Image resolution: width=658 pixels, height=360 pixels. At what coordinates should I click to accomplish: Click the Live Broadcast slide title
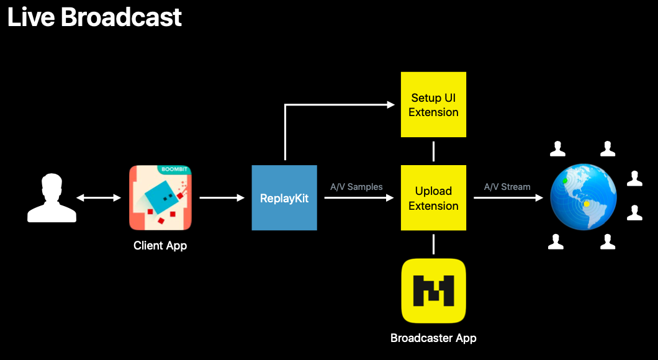tap(94, 17)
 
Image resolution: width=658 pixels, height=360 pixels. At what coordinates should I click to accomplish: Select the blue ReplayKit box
tap(284, 198)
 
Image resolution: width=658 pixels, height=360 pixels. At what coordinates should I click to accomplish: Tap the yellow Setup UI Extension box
tap(433, 104)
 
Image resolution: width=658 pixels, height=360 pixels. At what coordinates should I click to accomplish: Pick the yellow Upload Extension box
tap(433, 198)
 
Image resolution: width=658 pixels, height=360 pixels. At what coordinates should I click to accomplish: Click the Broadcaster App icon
tap(433, 290)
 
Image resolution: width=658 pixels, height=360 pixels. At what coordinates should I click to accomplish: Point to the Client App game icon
tap(160, 197)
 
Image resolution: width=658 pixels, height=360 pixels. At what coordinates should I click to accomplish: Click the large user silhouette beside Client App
tap(52, 198)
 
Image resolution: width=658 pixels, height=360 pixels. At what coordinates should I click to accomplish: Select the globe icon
tap(583, 197)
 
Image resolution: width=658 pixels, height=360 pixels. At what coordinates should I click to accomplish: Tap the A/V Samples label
tap(356, 186)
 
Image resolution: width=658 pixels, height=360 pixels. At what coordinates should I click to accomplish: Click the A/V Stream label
tap(507, 186)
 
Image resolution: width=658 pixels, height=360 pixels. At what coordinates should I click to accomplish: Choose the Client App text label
tap(160, 246)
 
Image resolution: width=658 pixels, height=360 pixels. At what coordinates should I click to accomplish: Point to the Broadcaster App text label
tap(433, 338)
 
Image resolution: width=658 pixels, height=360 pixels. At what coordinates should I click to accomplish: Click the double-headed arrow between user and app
tap(99, 198)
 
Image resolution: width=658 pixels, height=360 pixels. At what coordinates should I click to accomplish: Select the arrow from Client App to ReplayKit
tap(222, 198)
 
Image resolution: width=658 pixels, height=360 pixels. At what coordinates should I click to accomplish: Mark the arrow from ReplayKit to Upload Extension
tap(359, 198)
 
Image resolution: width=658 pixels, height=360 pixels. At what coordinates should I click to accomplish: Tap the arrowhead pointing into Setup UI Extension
tap(391, 105)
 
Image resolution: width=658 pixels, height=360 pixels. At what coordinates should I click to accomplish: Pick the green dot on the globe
tap(565, 181)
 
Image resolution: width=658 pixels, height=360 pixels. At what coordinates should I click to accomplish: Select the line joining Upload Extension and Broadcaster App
tap(433, 245)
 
